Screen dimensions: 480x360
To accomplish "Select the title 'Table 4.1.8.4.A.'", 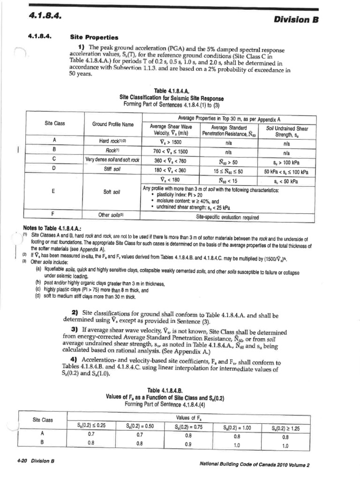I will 172,90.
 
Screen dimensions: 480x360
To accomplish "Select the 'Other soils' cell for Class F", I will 110,215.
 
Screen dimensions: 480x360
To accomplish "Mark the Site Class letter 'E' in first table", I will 55,192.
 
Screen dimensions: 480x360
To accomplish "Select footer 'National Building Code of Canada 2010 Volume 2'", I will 255,465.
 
